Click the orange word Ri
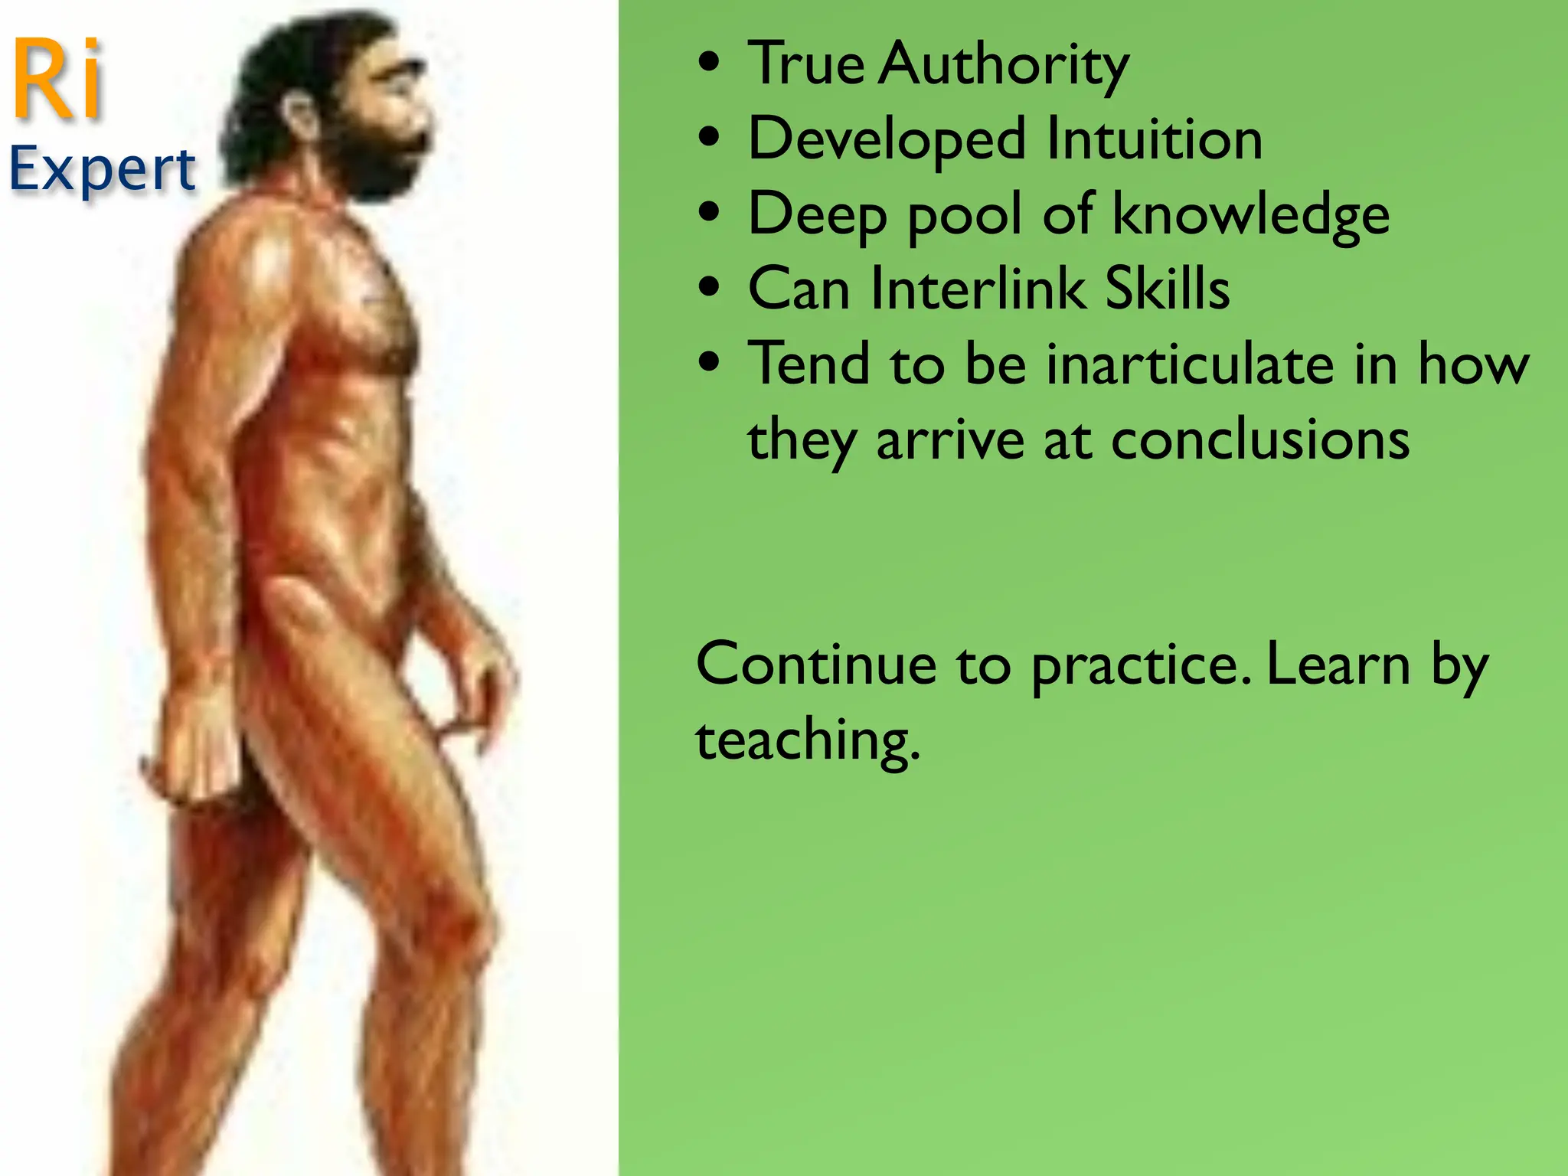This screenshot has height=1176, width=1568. pyautogui.click(x=58, y=81)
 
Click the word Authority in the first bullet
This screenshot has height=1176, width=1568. pyautogui.click(x=1004, y=65)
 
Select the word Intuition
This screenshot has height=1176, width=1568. pyautogui.click(x=1154, y=140)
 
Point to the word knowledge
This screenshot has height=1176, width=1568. pyautogui.click(x=1250, y=215)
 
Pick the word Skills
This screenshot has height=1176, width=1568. pyautogui.click(x=1168, y=289)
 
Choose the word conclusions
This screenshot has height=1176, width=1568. pyautogui.click(x=1259, y=440)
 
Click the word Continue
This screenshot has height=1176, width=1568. pyautogui.click(x=816, y=665)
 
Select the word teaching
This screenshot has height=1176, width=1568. pyautogui.click(x=808, y=741)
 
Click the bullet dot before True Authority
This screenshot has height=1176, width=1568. pyautogui.click(x=710, y=64)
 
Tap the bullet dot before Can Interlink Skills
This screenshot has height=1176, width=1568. pyautogui.click(x=710, y=289)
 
